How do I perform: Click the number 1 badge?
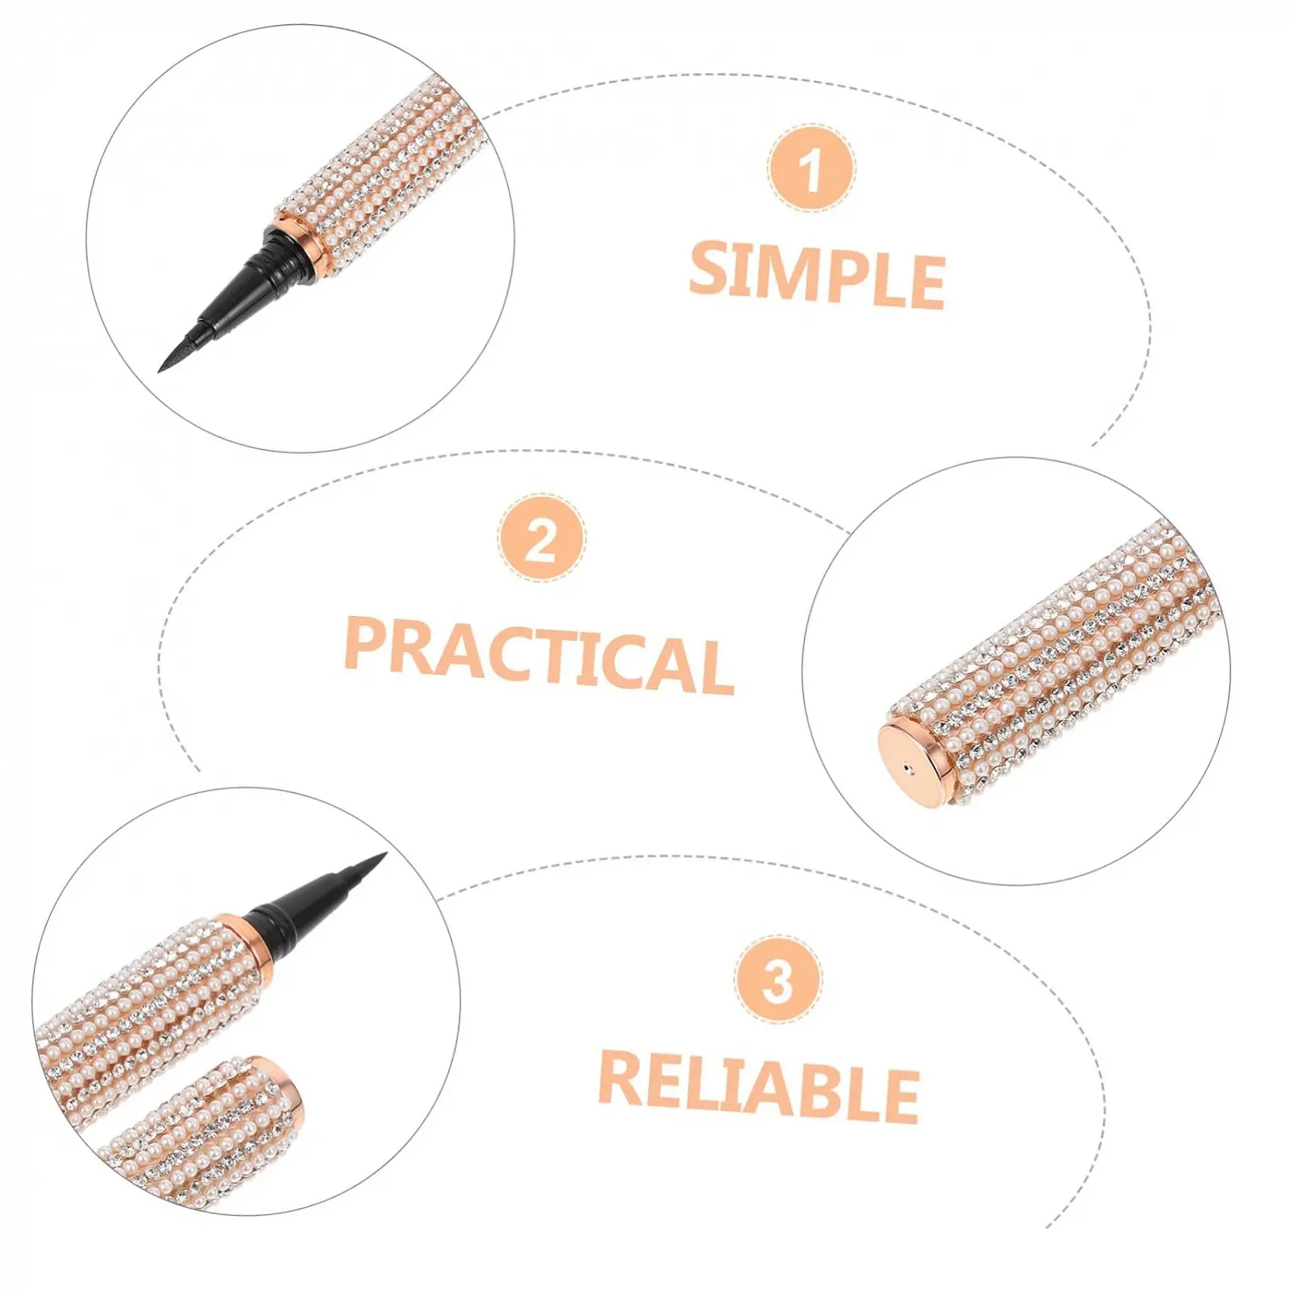coord(810,169)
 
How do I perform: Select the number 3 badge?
coord(778,980)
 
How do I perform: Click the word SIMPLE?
coord(817,275)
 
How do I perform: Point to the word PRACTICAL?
coord(539,655)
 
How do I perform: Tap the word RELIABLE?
coord(759,1086)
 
